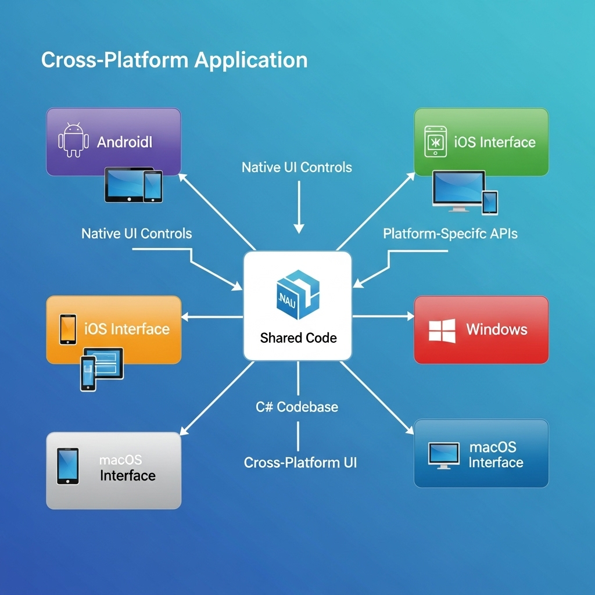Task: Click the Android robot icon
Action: click(x=74, y=140)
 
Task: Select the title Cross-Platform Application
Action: click(x=174, y=60)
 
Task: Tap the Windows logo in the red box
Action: click(x=442, y=329)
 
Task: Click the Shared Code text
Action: click(x=298, y=338)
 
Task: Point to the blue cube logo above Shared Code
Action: click(x=298, y=296)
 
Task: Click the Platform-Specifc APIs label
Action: click(x=450, y=234)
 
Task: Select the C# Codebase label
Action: click(x=297, y=407)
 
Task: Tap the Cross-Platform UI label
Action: click(x=300, y=463)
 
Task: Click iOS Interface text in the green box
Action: click(x=494, y=142)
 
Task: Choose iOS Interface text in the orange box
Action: click(x=127, y=329)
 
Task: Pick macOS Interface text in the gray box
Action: click(x=127, y=468)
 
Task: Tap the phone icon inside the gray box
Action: click(x=67, y=465)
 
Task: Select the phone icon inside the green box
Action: click(x=435, y=141)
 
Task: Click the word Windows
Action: click(x=496, y=329)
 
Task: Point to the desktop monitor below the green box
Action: click(x=458, y=189)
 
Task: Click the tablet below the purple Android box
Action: click(x=124, y=185)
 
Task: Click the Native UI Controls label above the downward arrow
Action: click(x=296, y=167)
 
